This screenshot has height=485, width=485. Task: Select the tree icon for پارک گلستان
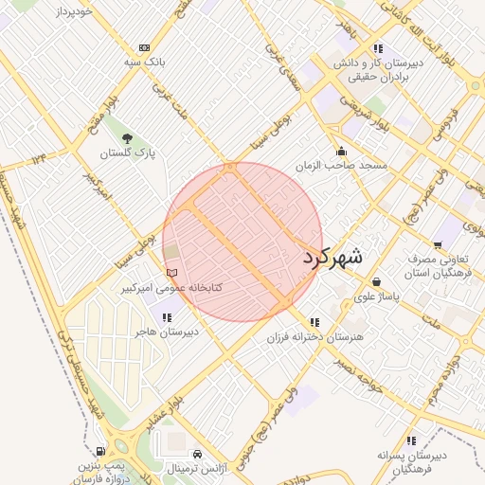tap(128, 138)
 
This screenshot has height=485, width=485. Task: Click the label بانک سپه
tap(145, 62)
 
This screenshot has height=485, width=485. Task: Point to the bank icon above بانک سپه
tap(144, 47)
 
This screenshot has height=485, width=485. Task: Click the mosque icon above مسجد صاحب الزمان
tap(341, 151)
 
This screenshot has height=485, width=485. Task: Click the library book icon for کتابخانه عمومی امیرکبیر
tap(171, 273)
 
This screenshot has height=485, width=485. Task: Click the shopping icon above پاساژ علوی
tap(377, 281)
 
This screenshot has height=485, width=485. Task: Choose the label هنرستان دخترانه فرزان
tap(316, 336)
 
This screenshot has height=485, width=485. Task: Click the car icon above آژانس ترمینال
tap(196, 455)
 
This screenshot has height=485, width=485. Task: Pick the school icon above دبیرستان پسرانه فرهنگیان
tap(411, 440)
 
